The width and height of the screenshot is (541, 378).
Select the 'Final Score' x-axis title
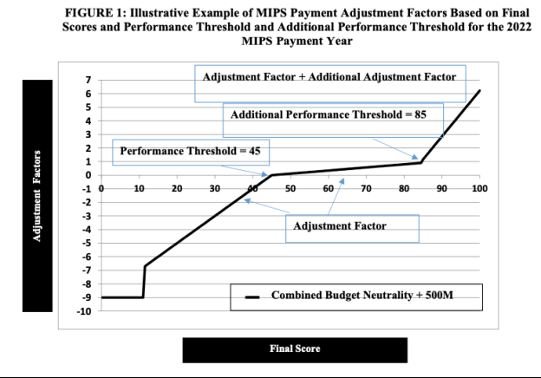(295, 349)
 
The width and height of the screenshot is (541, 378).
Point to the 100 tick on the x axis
(479, 187)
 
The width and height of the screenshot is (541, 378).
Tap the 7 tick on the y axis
(88, 80)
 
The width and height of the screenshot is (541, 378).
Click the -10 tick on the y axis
(86, 311)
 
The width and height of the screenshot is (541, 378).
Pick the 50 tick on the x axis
(290, 187)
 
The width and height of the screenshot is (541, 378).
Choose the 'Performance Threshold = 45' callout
(190, 151)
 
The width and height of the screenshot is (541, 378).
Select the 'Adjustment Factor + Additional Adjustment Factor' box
(329, 77)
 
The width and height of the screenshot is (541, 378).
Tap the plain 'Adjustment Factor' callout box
(351, 226)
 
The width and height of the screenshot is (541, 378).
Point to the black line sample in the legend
(253, 297)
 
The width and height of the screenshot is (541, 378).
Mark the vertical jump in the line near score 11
(143, 282)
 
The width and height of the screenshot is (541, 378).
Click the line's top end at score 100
(479, 90)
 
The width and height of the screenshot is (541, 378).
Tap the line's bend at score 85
(422, 162)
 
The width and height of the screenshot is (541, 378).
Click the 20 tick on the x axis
(177, 187)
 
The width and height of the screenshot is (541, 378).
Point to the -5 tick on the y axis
(88, 243)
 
